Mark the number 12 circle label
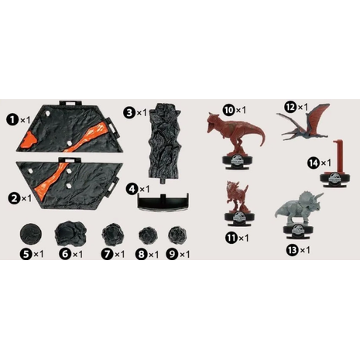coord(290,106)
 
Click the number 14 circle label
coord(313,163)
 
